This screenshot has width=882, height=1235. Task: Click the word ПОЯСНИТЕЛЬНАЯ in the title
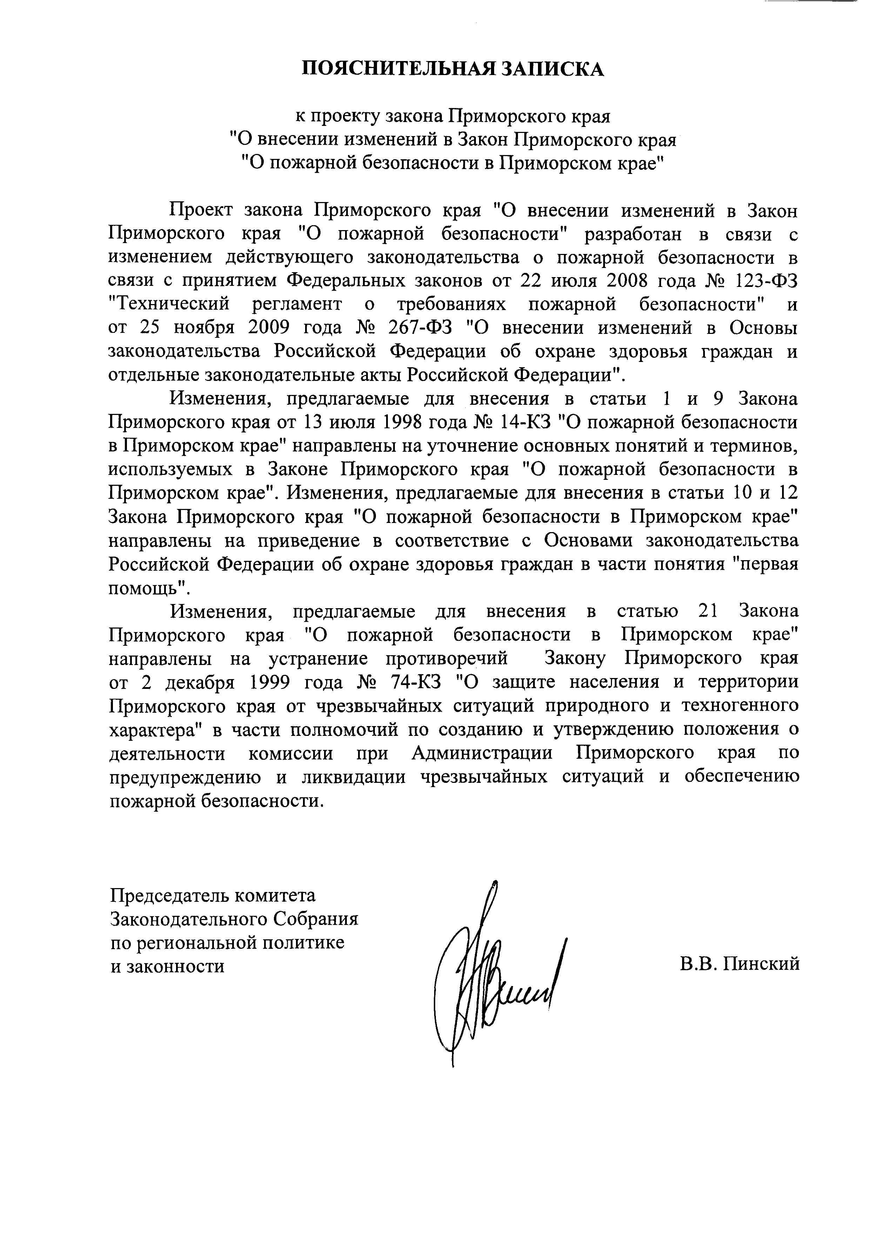pyautogui.click(x=398, y=69)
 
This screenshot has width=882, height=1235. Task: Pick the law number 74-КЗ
pyautogui.click(x=416, y=682)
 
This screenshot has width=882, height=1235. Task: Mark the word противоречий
pyautogui.click(x=446, y=658)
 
